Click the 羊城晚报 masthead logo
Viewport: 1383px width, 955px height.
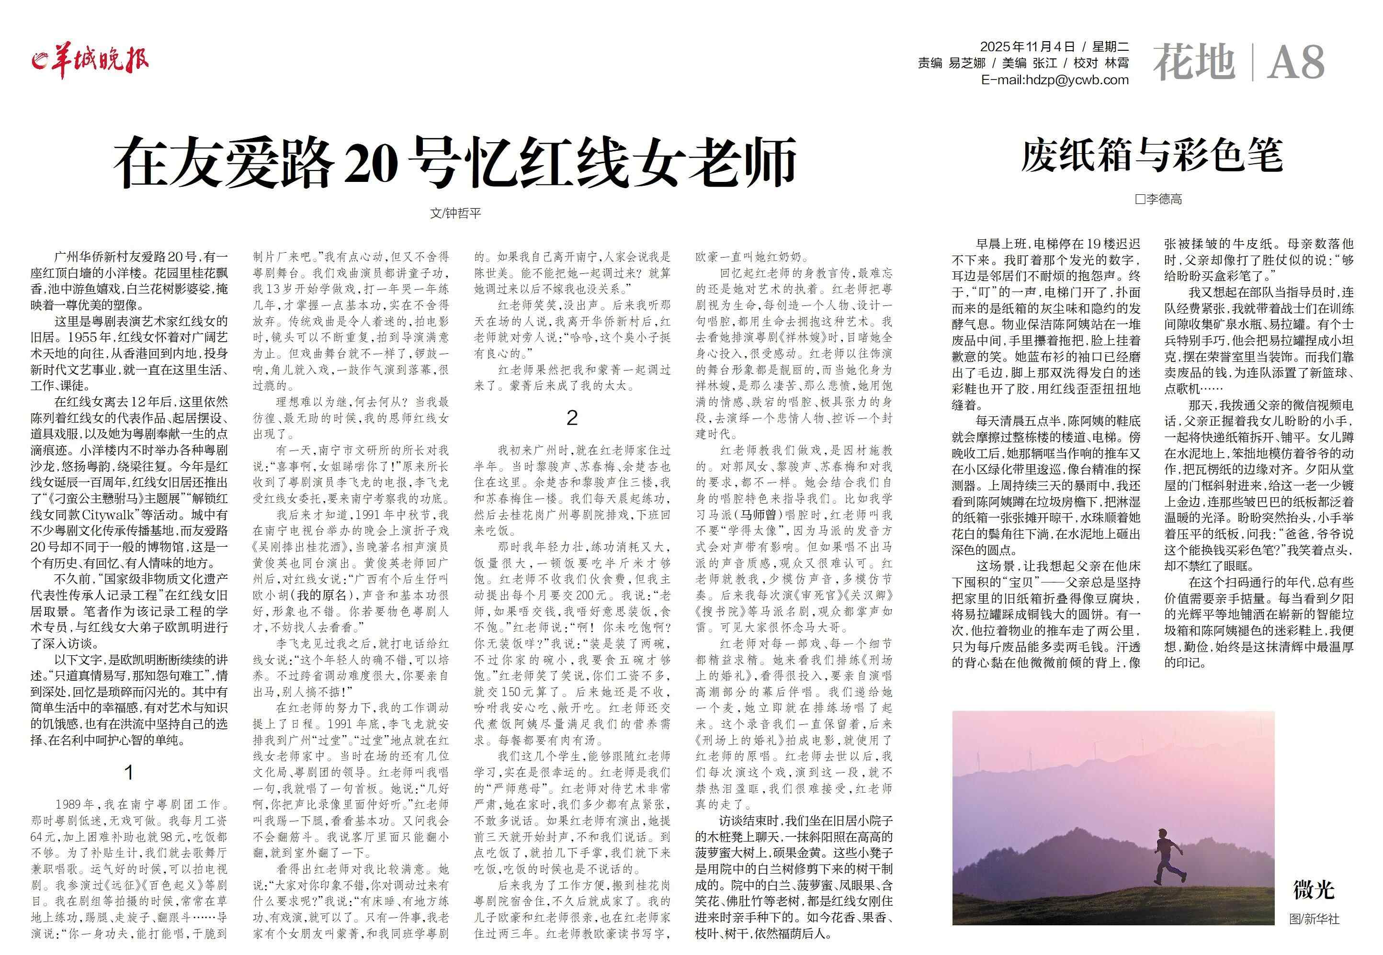91,60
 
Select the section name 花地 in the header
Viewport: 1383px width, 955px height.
1194,62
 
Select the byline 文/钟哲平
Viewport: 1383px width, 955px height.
455,213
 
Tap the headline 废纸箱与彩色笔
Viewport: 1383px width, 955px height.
1151,156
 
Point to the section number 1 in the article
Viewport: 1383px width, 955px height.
128,773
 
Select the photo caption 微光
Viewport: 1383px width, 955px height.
1313,890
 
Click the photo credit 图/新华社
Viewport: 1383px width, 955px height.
1314,919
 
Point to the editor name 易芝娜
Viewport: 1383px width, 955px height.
967,63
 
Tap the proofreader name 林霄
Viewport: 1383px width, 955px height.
1117,63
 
